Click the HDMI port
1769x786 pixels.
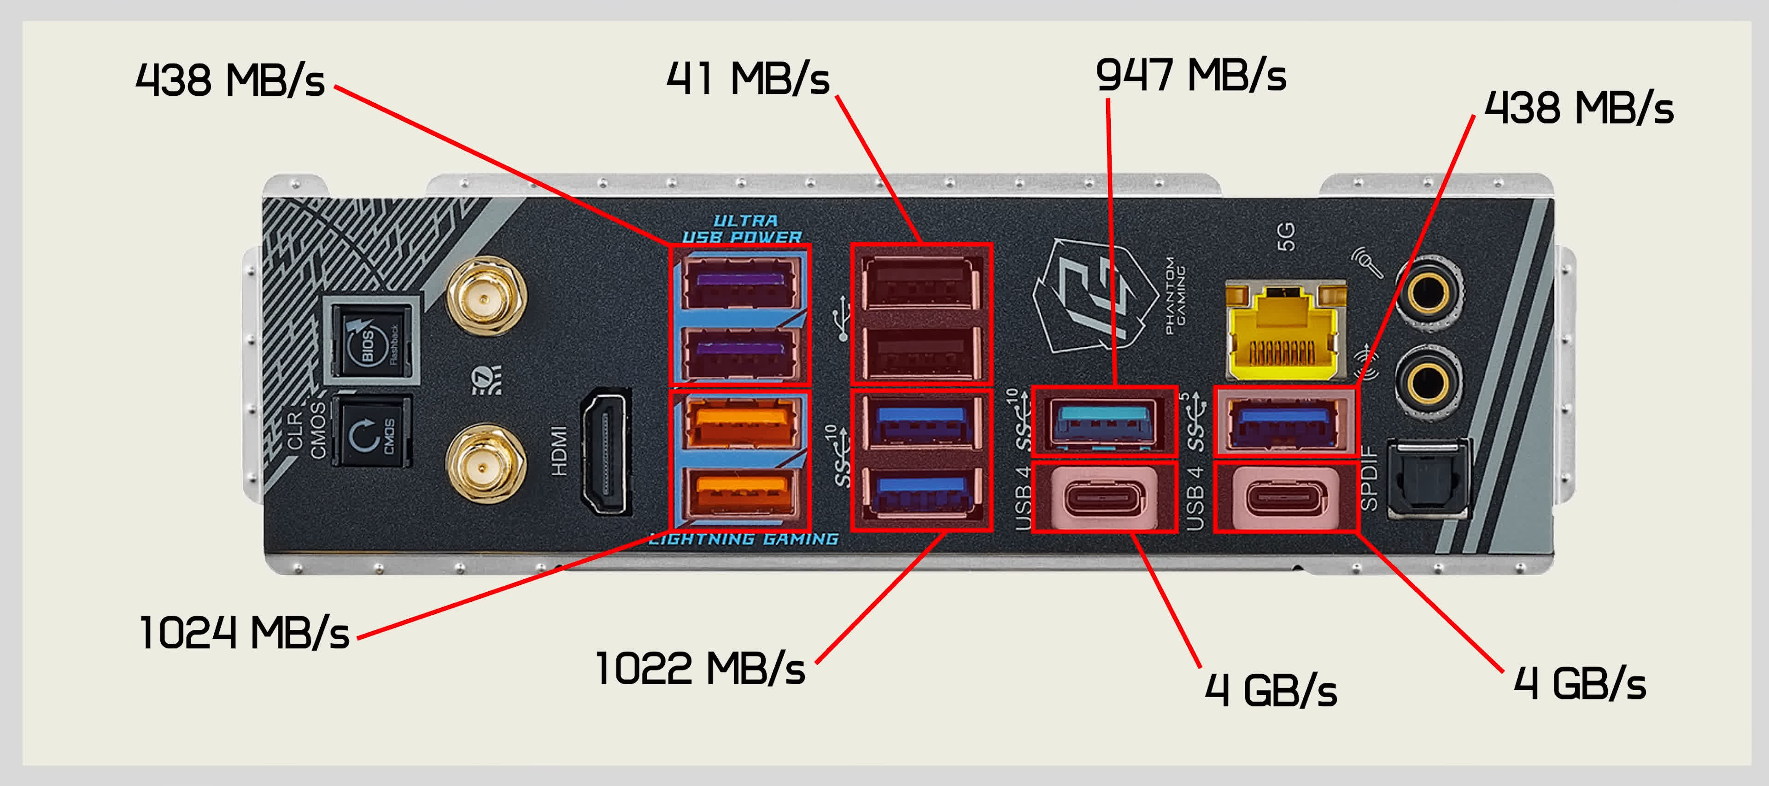pyautogui.click(x=605, y=452)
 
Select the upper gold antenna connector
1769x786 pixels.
pyautogui.click(x=486, y=297)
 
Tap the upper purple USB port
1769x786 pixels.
pyautogui.click(x=740, y=281)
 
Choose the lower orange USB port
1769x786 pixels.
pyautogui.click(x=740, y=491)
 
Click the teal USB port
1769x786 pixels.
pyautogui.click(x=1104, y=419)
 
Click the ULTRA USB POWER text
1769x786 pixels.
pyautogui.click(x=742, y=228)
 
